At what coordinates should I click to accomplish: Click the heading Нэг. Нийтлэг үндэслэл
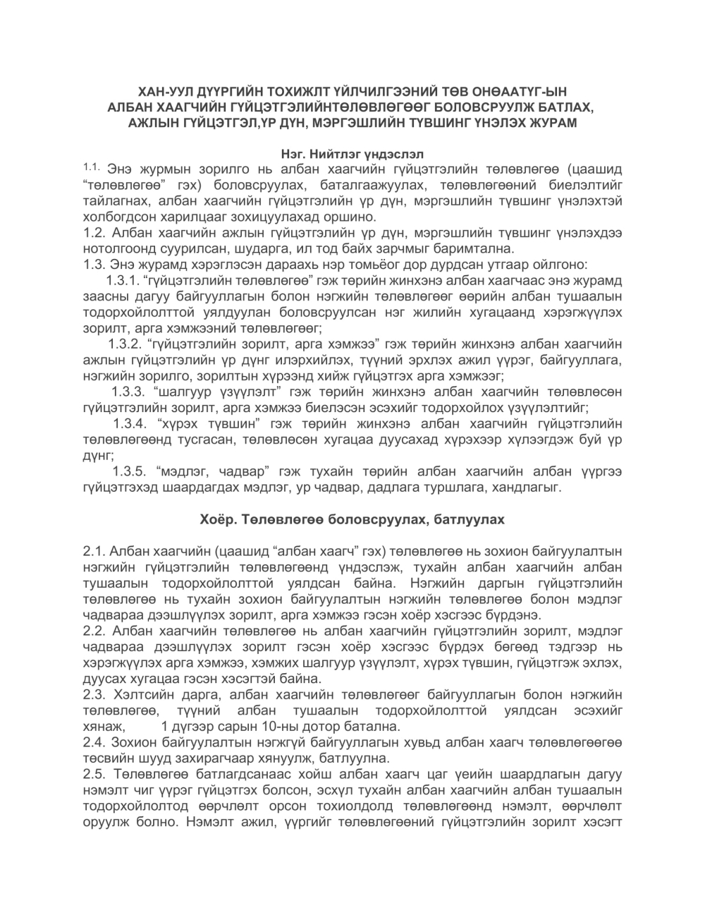coord(352,152)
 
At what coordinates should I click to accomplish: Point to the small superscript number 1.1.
coord(92,167)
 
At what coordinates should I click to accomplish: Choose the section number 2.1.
coord(94,551)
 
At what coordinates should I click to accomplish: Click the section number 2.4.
coord(94,743)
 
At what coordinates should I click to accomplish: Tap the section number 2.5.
coord(94,775)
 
